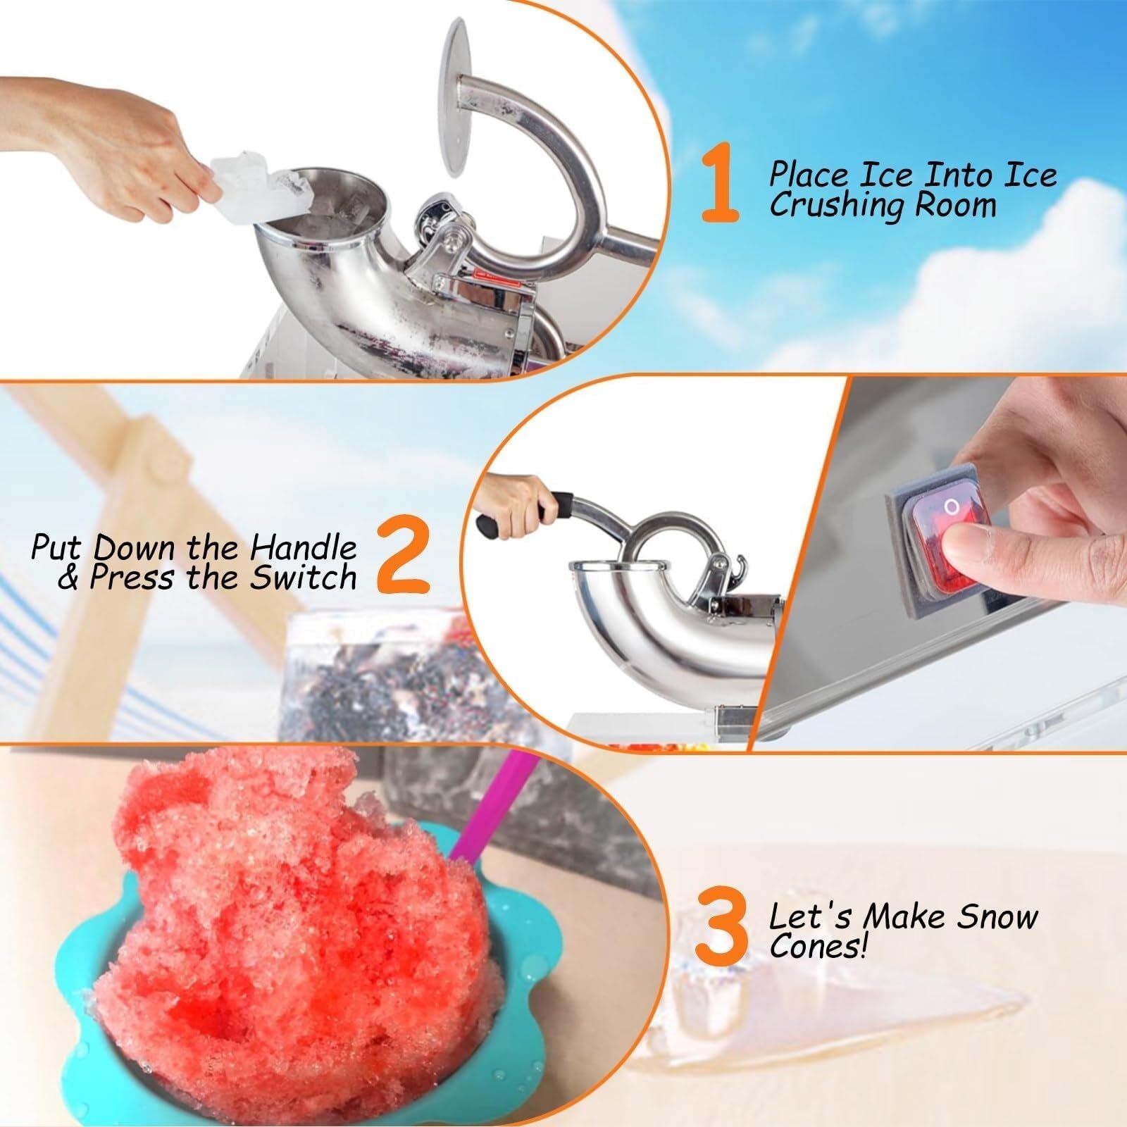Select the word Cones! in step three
tap(817, 947)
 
